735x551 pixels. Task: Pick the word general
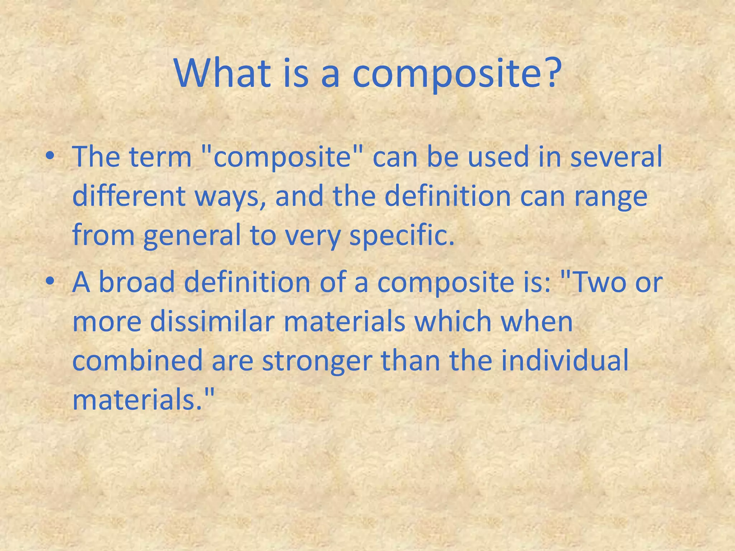pos(192,237)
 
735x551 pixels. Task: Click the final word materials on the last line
pos(138,400)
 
